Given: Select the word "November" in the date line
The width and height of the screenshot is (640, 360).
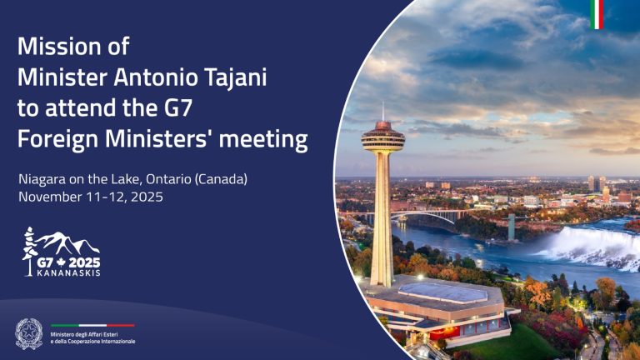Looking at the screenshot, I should [x=51, y=197].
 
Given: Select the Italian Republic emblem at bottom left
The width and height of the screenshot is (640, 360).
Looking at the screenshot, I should [x=28, y=333].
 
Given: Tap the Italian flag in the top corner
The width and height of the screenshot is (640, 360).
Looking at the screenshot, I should [x=597, y=14].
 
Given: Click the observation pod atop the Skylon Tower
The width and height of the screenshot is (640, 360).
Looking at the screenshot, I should [x=382, y=137].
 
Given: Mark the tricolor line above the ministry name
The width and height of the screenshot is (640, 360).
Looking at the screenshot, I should [x=92, y=325].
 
